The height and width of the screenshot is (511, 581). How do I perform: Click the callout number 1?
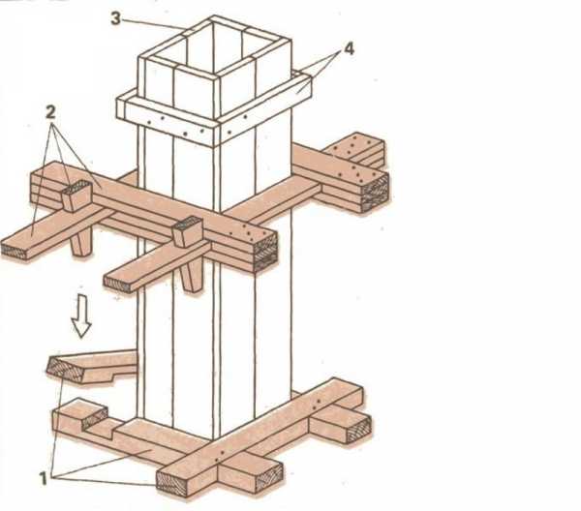tap(44, 478)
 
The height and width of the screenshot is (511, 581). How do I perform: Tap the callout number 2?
tap(50, 112)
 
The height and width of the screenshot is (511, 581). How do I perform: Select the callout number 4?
tap(349, 49)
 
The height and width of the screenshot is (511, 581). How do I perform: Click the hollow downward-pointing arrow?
tap(81, 316)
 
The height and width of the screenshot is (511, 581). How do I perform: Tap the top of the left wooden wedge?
tap(76, 188)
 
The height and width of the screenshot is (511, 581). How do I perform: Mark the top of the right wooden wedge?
tap(188, 224)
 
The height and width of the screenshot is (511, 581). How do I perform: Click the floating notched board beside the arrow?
tap(92, 366)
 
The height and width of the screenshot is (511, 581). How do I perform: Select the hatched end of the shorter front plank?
tap(118, 284)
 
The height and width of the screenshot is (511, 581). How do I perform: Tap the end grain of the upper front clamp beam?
tap(265, 252)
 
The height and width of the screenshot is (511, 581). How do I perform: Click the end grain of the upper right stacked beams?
tap(375, 192)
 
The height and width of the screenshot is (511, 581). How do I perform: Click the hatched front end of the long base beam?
tap(170, 482)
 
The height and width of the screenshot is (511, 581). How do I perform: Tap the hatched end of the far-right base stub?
tap(358, 429)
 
